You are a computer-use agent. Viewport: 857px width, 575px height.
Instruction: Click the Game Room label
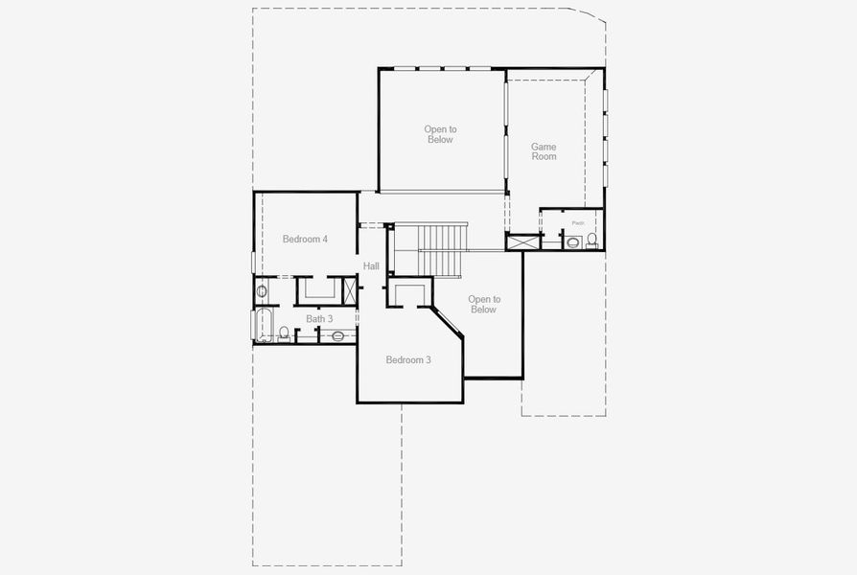click(544, 151)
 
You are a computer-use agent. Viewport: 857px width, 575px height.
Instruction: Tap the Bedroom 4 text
click(305, 239)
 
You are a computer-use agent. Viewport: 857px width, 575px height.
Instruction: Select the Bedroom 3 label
click(408, 360)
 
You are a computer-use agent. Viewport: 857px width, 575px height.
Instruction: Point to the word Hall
click(371, 266)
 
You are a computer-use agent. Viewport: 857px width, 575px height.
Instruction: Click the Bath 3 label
click(319, 319)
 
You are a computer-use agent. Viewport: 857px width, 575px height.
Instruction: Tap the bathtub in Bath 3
click(263, 325)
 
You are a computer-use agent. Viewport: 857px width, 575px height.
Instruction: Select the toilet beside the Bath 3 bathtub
click(284, 333)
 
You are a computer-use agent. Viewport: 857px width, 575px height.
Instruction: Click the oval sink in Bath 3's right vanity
click(337, 336)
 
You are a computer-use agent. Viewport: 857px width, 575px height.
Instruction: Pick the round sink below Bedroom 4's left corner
click(262, 290)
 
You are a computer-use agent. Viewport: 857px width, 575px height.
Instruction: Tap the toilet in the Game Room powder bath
click(593, 240)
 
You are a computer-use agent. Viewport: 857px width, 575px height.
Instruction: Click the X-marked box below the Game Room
click(522, 241)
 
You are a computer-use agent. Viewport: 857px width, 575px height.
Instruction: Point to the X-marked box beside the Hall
click(350, 289)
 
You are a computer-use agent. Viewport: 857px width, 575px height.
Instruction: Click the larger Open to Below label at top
click(440, 134)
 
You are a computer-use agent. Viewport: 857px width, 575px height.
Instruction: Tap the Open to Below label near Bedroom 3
click(483, 304)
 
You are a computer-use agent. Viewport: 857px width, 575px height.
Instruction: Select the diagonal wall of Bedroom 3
click(447, 322)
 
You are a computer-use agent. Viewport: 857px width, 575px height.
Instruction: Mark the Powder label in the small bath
click(577, 223)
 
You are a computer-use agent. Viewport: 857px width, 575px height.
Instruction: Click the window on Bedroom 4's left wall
click(253, 262)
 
